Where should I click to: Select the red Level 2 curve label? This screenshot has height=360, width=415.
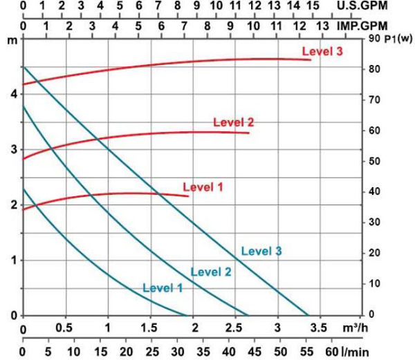point(233,122)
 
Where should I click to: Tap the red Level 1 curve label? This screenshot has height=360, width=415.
point(203,187)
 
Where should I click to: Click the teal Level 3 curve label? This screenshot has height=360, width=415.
point(261,252)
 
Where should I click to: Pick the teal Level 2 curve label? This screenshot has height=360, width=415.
point(211,272)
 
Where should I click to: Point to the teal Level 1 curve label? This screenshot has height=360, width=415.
point(163,287)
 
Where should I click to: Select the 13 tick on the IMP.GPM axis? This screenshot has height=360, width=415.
point(322,25)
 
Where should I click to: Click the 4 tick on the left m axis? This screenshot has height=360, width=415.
point(15,93)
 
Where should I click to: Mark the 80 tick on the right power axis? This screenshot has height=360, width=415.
point(373,70)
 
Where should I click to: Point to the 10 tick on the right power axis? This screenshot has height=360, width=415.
point(373,283)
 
